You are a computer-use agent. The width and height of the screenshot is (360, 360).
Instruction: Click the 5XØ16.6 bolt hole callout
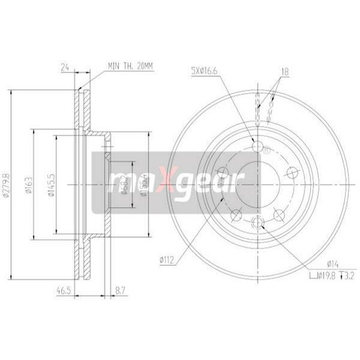(x=205, y=72)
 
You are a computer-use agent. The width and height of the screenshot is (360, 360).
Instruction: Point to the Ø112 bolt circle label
(x=167, y=261)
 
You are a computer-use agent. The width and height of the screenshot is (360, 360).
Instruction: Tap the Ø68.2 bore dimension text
(x=122, y=181)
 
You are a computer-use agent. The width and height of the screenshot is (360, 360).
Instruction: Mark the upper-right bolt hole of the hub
(x=293, y=172)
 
